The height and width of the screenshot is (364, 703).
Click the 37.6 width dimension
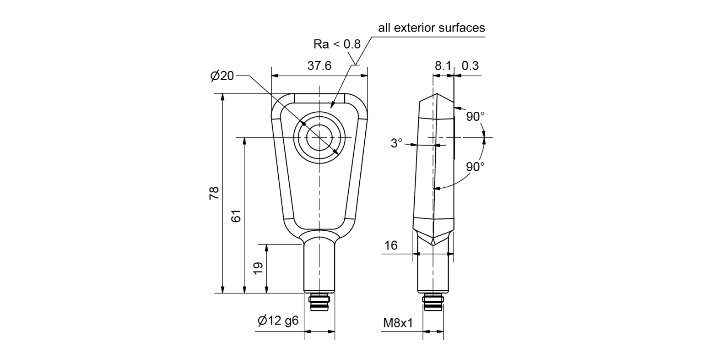click(319, 66)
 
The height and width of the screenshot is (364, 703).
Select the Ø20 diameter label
click(222, 76)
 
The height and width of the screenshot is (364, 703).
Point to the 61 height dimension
click(236, 216)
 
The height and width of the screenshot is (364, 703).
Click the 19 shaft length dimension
click(258, 268)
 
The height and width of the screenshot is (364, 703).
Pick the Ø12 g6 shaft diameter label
click(278, 321)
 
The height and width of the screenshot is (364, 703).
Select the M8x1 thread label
click(398, 324)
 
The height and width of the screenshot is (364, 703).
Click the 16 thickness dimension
click(391, 246)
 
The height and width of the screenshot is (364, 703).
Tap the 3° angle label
click(396, 143)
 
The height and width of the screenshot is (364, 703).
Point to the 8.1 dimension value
click(442, 66)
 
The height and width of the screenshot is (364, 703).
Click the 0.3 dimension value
click(470, 66)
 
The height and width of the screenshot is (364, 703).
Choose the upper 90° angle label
click(475, 117)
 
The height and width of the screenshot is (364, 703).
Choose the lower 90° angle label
click(475, 167)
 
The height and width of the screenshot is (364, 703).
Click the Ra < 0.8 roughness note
click(337, 44)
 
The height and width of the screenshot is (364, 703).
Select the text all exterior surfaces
click(431, 28)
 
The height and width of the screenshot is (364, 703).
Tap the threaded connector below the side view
click(433, 302)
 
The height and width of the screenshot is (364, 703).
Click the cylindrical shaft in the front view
click(319, 268)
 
